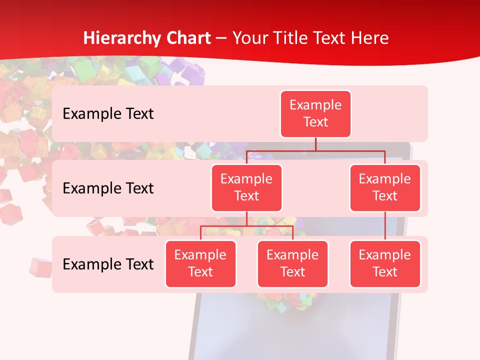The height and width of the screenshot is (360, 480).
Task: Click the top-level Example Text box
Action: (315, 113)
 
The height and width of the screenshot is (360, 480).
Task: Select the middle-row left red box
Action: (246, 187)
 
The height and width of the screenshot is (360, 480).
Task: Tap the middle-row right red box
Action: (385, 187)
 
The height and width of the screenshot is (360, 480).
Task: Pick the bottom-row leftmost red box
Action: (200, 263)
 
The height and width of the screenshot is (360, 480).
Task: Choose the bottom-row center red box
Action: (292, 263)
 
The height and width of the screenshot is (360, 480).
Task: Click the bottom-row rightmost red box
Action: (385, 263)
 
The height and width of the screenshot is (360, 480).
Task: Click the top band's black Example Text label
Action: (108, 114)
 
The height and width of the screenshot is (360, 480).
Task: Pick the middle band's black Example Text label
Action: (108, 188)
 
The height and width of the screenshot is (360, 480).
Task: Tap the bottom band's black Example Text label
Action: (108, 264)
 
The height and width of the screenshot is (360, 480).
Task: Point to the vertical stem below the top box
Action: (315, 144)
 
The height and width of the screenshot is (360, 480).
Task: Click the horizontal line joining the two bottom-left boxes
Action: (246, 226)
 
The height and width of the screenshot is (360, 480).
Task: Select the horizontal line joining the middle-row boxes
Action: (315, 150)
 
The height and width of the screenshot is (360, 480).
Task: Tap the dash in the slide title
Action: (221, 38)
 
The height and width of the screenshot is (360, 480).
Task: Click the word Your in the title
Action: (250, 38)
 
